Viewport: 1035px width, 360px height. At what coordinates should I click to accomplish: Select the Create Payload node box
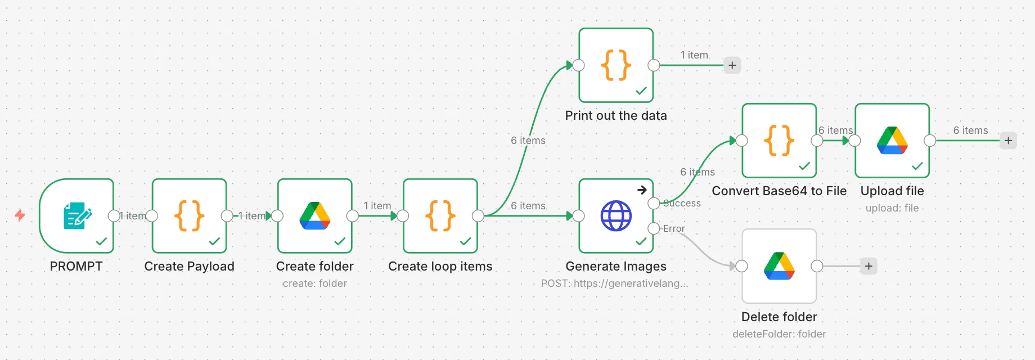coord(190,216)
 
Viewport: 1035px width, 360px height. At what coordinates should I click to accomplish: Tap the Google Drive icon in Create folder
coord(315,216)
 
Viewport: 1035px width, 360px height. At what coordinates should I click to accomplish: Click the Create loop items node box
coord(440,216)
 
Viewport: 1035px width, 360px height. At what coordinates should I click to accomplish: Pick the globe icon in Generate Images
coord(616,216)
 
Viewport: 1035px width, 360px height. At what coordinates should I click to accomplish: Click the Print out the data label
coord(616,115)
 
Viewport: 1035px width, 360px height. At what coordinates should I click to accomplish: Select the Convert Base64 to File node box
coord(779,141)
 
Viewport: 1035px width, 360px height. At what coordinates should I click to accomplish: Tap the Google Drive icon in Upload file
coord(892,141)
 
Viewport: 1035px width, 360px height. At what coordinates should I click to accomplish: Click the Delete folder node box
coord(779,266)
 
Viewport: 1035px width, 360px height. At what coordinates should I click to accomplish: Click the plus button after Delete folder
coord(868,266)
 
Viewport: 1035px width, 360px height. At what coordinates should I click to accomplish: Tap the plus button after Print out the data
coord(732,65)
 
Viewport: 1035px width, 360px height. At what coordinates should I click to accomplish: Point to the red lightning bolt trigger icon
coord(20,215)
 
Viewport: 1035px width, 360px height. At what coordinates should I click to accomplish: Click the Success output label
coord(682,203)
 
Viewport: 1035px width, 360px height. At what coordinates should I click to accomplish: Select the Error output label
coord(674,228)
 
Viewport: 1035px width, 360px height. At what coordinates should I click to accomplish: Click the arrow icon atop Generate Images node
coord(642,190)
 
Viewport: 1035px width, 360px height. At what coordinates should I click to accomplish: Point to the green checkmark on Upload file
coord(917,166)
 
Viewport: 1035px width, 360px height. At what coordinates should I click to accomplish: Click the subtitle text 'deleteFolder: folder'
coord(779,334)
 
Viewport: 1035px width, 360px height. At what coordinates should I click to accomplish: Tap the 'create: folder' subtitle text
coord(315,283)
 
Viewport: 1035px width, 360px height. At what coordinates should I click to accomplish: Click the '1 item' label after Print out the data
coord(694,55)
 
